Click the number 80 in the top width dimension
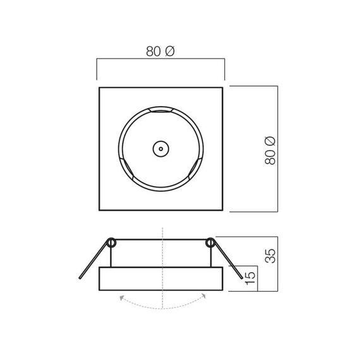tap(153, 52)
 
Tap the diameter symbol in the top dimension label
tap(169, 52)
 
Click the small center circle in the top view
tap(161, 150)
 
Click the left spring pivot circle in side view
tap(112, 242)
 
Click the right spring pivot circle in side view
tap(210, 242)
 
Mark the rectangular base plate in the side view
tap(161, 280)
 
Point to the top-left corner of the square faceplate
tap(100, 88)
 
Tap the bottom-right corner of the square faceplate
tap(222, 211)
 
